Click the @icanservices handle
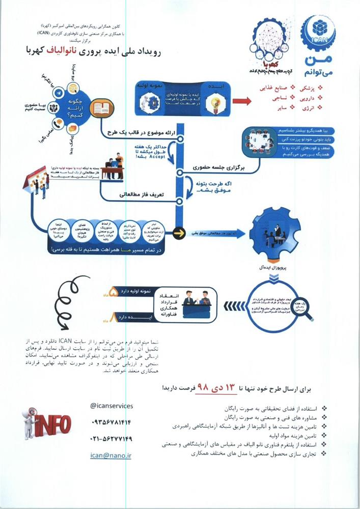point(111,406)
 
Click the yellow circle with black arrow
point(178,234)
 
